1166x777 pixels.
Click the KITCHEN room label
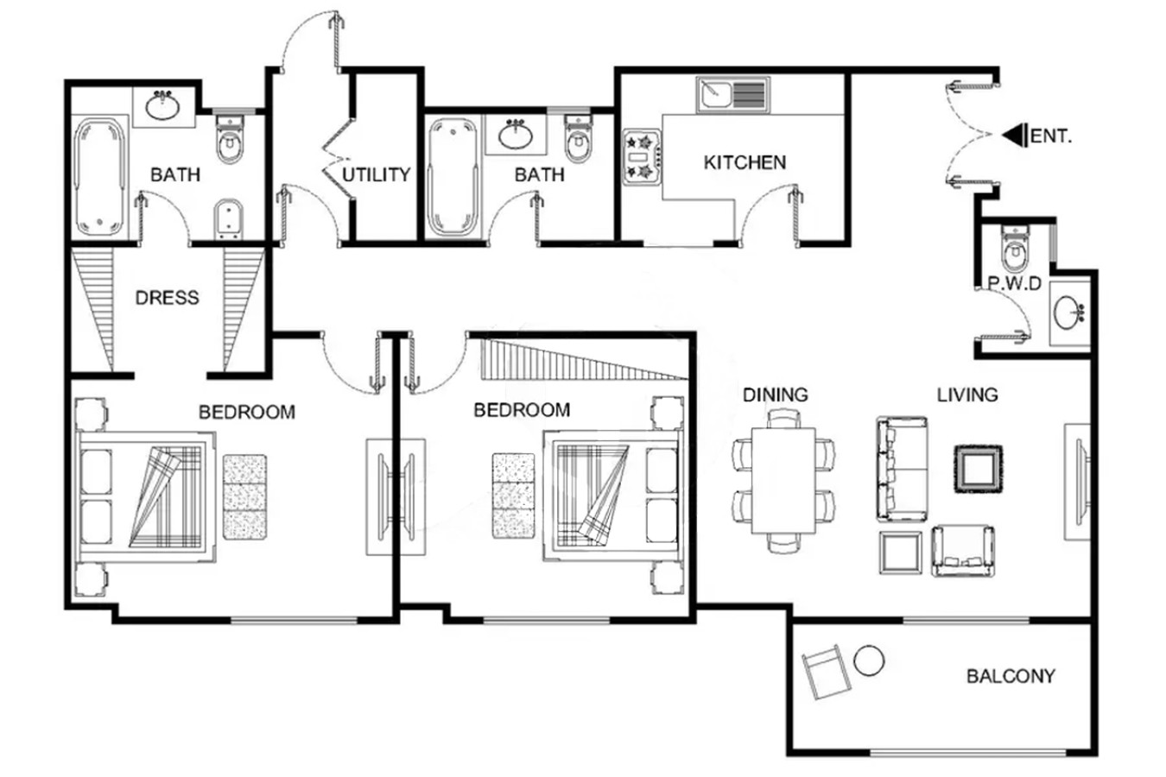pyautogui.click(x=745, y=162)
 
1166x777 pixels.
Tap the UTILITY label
pyautogui.click(x=376, y=174)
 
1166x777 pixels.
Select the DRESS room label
pyautogui.click(x=167, y=298)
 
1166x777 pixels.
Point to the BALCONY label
pyautogui.click(x=1011, y=676)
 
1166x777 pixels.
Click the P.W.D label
pyautogui.click(x=1015, y=284)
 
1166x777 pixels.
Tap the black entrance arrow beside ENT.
pyautogui.click(x=1015, y=136)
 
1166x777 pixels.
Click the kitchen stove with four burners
pyautogui.click(x=642, y=157)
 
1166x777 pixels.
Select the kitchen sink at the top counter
pyautogui.click(x=733, y=95)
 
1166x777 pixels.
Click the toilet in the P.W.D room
pyautogui.click(x=1015, y=249)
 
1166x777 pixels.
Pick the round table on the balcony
pyautogui.click(x=869, y=660)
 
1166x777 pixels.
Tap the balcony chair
pyautogui.click(x=826, y=672)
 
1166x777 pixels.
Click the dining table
pyautogui.click(x=783, y=480)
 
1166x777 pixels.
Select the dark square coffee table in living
pyautogui.click(x=979, y=469)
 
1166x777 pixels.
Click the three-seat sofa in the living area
pyautogui.click(x=902, y=469)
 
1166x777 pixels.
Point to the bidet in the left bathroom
pyautogui.click(x=229, y=218)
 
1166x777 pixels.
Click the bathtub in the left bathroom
pyautogui.click(x=99, y=177)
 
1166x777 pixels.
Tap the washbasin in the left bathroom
pyautogui.click(x=163, y=106)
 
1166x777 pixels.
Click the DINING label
pyautogui.click(x=775, y=395)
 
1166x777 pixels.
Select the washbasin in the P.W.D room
pyautogui.click(x=1068, y=313)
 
